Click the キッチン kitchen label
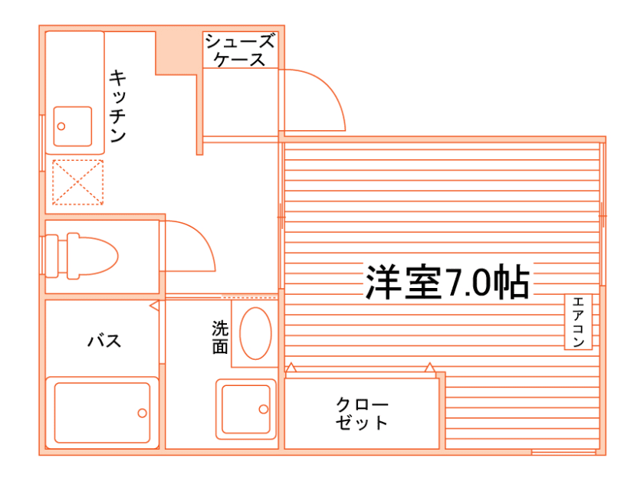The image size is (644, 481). pyautogui.click(x=117, y=106)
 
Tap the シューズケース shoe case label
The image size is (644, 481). pyautogui.click(x=239, y=50)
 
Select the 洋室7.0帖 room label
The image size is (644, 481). pyautogui.click(x=446, y=283)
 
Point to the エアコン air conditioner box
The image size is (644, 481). pyautogui.click(x=577, y=322)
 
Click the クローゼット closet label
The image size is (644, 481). pyautogui.click(x=362, y=413)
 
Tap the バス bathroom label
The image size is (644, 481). pyautogui.click(x=104, y=341)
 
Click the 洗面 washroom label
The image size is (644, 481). pyautogui.click(x=220, y=337)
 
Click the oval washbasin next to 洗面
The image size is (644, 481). pyautogui.click(x=255, y=333)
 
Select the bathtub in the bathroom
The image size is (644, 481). pyautogui.click(x=102, y=412)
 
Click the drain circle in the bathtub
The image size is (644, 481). pyautogui.click(x=142, y=413)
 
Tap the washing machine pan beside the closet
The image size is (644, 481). pyautogui.click(x=245, y=408)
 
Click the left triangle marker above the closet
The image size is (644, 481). pyautogui.click(x=291, y=368)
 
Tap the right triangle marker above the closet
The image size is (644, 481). pyautogui.click(x=430, y=368)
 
